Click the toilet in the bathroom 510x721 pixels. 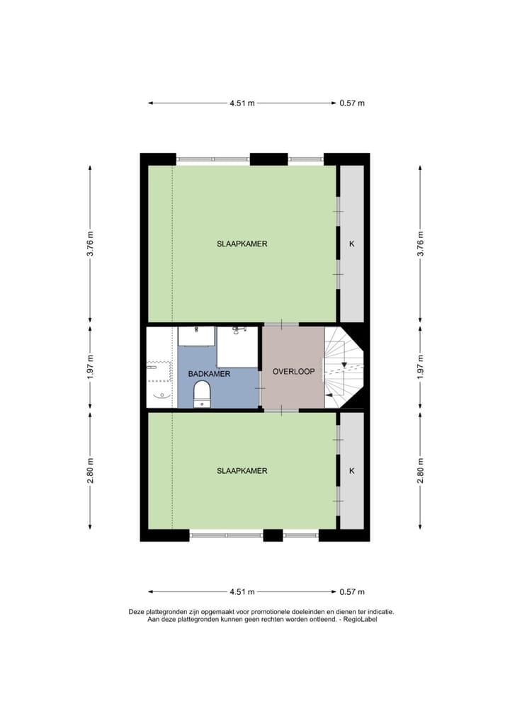[203, 394]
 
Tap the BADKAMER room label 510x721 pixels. [209, 374]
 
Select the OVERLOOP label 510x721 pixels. [293, 370]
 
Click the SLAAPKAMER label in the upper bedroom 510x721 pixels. [242, 244]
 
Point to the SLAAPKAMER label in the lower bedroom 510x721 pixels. [242, 470]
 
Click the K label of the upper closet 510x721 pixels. [351, 244]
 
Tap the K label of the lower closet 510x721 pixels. [351, 470]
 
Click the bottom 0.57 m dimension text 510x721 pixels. [352, 592]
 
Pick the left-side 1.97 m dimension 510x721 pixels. [91, 368]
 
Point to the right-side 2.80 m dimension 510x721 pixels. [420, 470]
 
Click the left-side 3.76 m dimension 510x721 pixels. [91, 244]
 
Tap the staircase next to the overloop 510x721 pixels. [344, 367]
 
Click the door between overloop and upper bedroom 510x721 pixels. [281, 324]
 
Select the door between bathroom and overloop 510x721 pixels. [261, 389]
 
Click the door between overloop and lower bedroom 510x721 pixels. [281, 410]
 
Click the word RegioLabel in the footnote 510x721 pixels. [360, 619]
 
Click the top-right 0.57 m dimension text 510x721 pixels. [352, 103]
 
